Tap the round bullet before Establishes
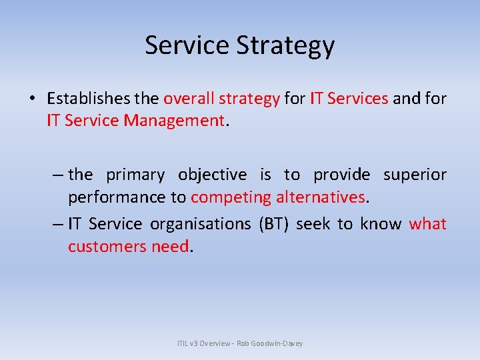[x=32, y=99]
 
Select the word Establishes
[x=89, y=99]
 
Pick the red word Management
[x=182, y=121]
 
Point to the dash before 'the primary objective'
[x=57, y=175]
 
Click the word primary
[x=135, y=175]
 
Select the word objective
[x=212, y=175]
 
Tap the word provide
[x=341, y=175]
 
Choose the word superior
[x=415, y=175]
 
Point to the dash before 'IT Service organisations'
[x=57, y=224]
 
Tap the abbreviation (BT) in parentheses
[x=273, y=224]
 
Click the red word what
[x=427, y=224]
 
